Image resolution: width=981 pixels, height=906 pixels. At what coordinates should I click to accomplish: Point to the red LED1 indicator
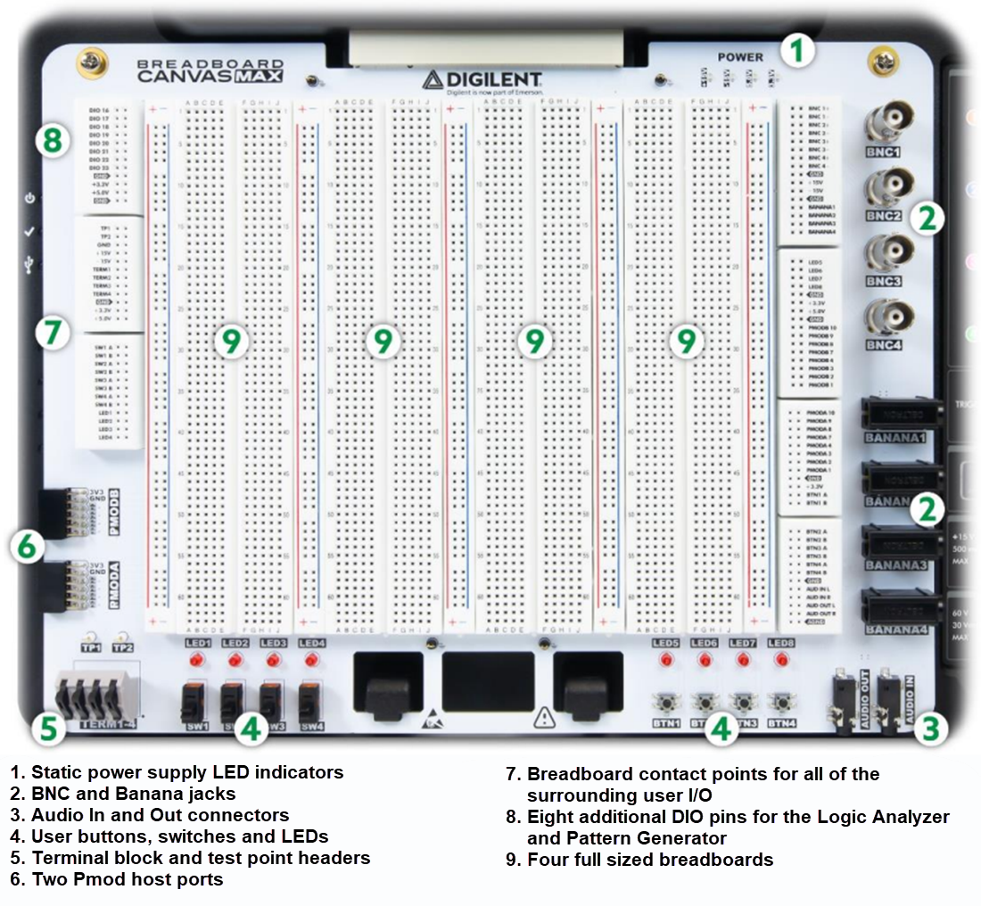[x=197, y=660]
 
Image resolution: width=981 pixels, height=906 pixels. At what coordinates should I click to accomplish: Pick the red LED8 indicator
[x=781, y=660]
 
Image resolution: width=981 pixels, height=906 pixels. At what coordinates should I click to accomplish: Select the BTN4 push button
[x=782, y=702]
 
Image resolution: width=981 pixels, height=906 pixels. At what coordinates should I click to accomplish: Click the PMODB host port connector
[x=65, y=512]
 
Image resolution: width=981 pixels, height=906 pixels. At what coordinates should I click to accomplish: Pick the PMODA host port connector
[x=65, y=585]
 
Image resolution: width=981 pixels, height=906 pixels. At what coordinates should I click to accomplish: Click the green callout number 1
[x=798, y=50]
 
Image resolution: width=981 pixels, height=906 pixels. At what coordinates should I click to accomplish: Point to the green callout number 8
[x=51, y=140]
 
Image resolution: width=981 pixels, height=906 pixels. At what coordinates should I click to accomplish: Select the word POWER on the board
[x=740, y=57]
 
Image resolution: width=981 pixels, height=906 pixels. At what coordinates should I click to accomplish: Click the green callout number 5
[x=47, y=729]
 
